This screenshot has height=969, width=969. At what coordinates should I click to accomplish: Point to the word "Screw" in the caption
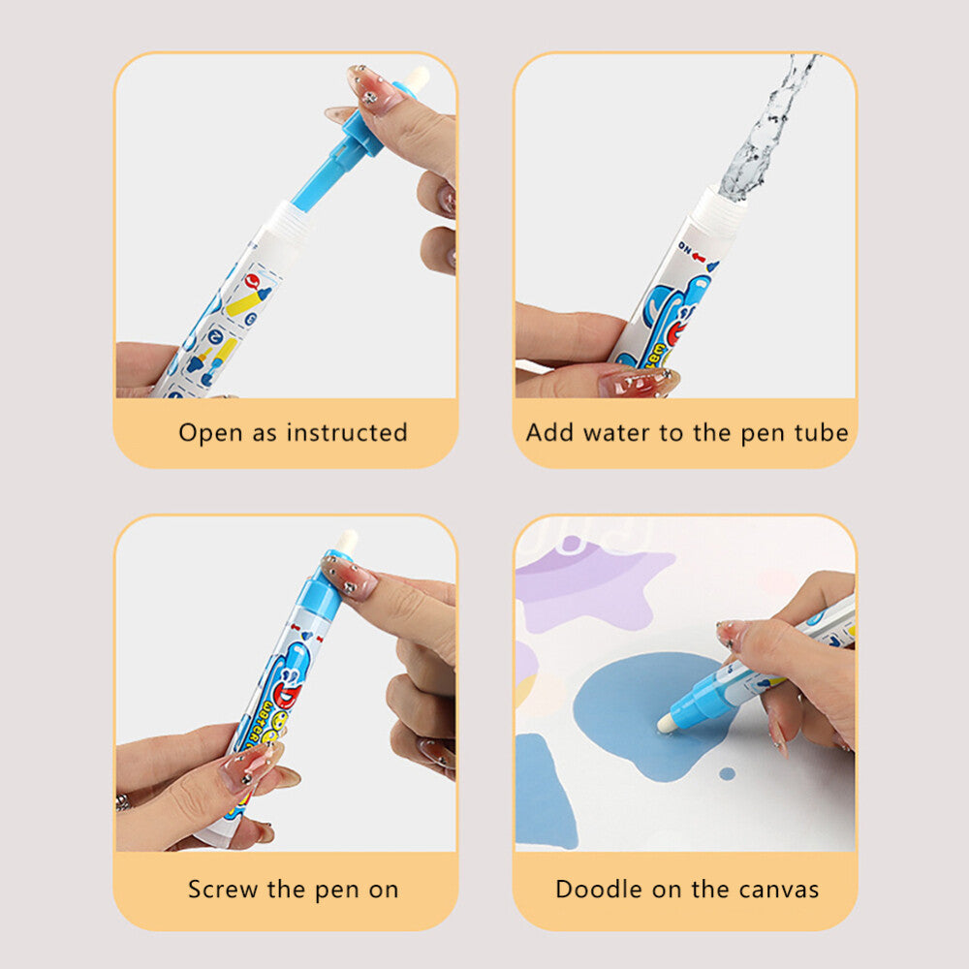[x=222, y=889]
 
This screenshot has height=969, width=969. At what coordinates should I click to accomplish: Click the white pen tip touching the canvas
[x=667, y=723]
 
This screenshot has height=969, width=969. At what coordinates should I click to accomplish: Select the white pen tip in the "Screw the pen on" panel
[x=347, y=542]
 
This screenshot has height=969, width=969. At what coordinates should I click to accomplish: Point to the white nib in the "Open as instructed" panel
[x=418, y=78]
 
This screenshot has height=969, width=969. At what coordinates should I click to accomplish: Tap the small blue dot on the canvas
[x=727, y=773]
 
